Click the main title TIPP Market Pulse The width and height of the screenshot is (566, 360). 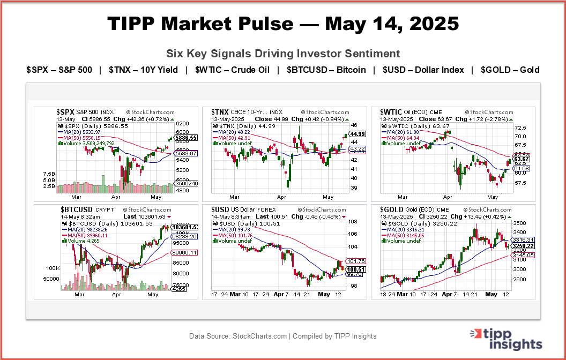283,24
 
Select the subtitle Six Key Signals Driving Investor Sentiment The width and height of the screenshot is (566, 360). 283,54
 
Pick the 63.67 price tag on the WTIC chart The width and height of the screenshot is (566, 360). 522,159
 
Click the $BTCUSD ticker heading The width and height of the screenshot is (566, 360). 76,209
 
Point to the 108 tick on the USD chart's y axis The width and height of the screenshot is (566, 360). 353,221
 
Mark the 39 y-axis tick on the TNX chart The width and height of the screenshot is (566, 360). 354,187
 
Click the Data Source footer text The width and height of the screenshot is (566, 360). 283,336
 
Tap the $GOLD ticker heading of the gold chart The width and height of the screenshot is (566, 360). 392,209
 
